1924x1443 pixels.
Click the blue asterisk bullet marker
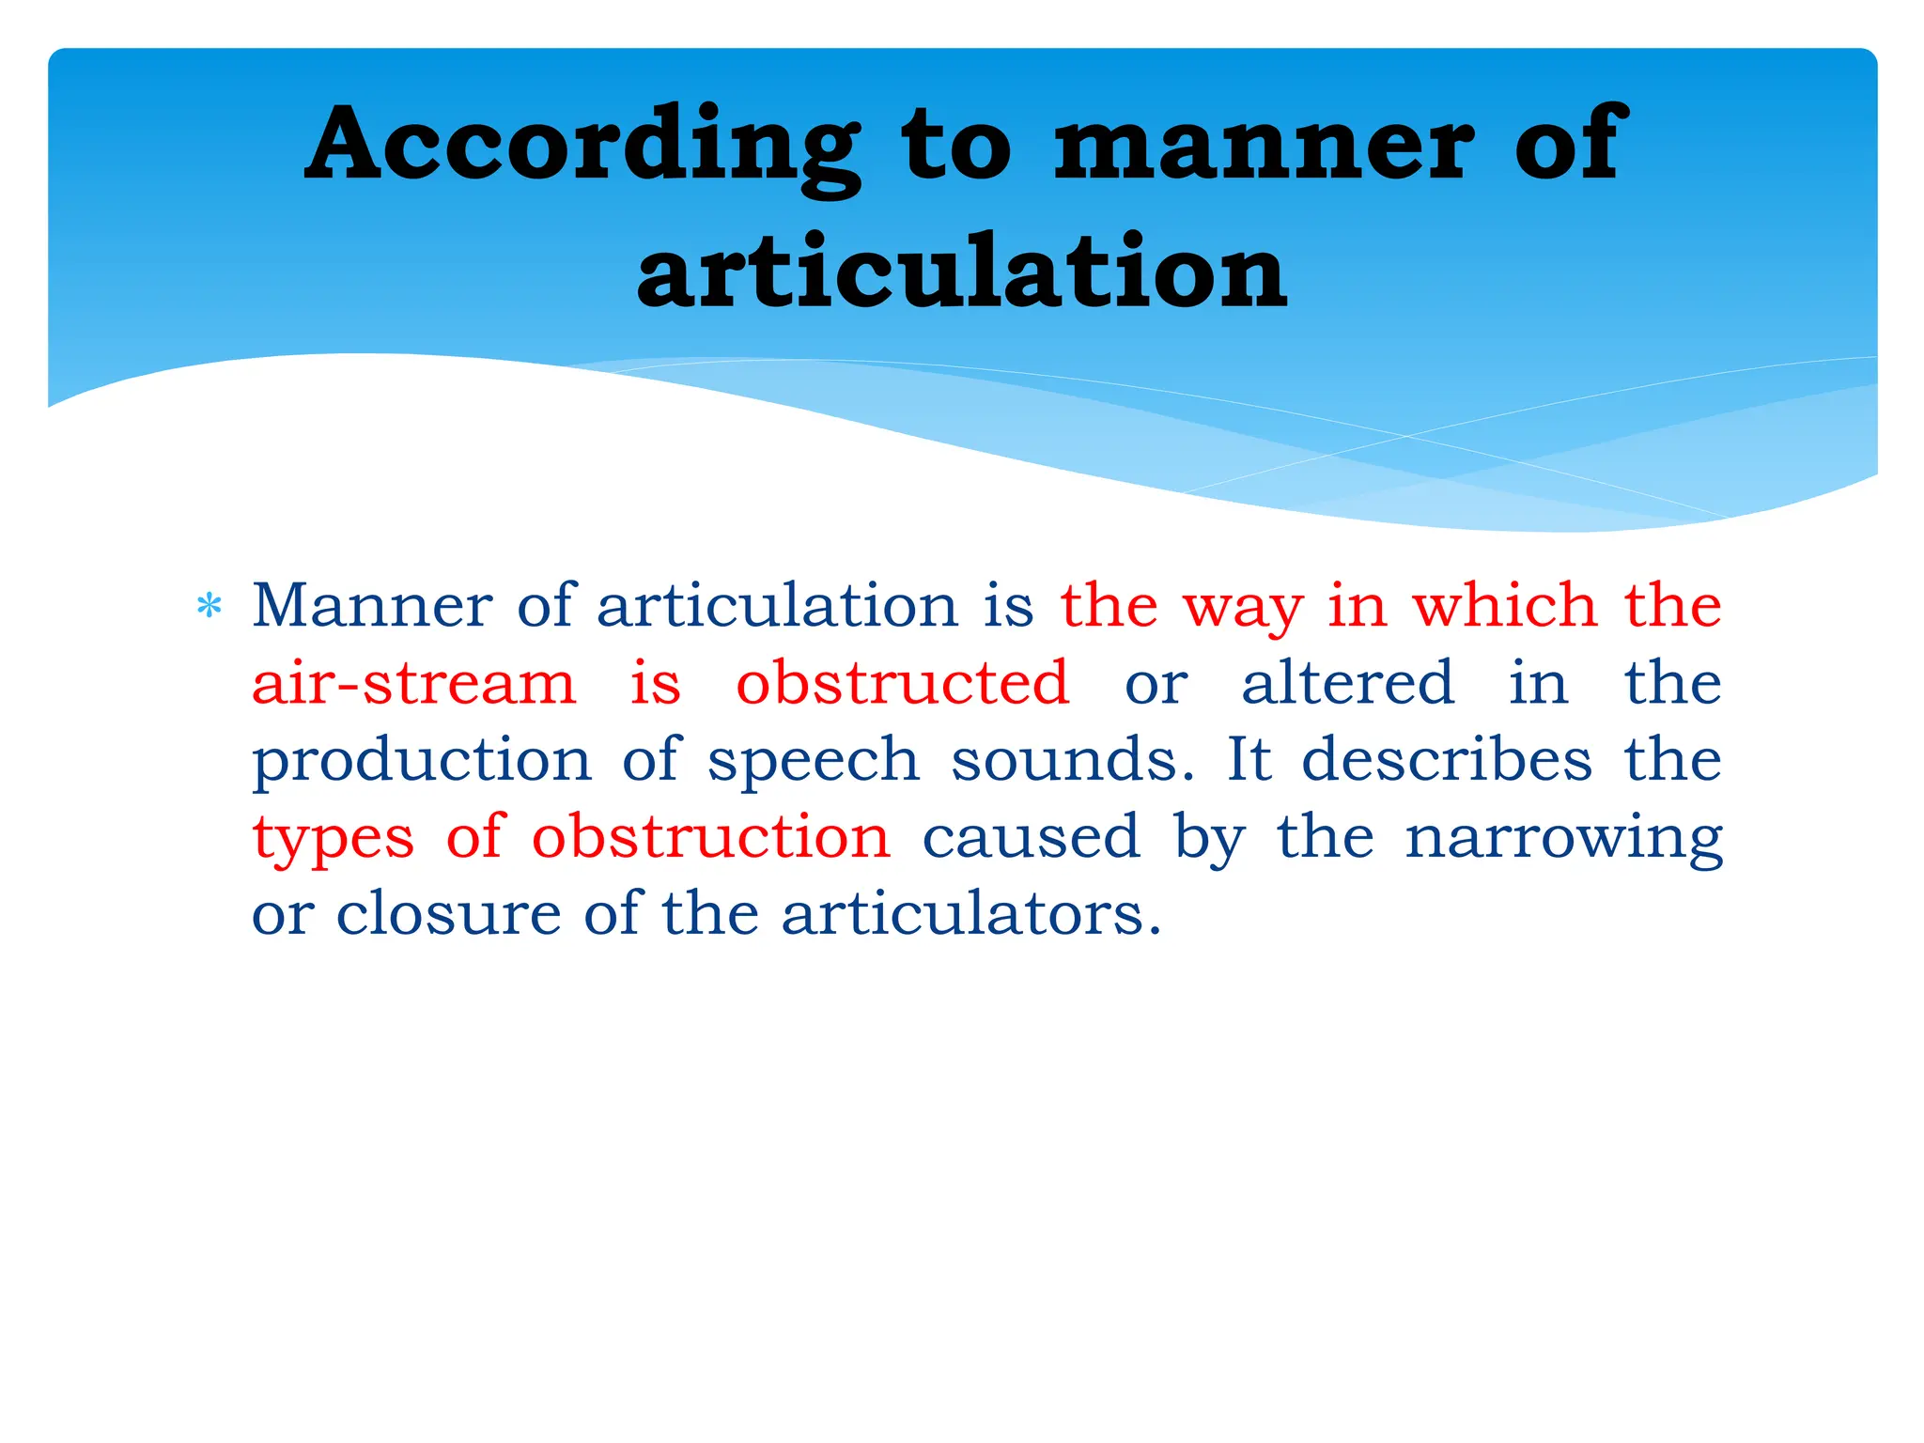tap(209, 607)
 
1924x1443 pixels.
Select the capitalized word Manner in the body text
tap(372, 605)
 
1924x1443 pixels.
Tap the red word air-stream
tap(413, 683)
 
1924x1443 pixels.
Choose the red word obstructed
tap(903, 683)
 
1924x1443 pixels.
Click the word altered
tap(1348, 683)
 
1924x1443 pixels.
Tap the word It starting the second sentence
tap(1249, 759)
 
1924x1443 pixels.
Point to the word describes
tap(1447, 759)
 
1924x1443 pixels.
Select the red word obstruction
tap(711, 837)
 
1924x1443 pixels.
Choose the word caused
tap(1032, 837)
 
